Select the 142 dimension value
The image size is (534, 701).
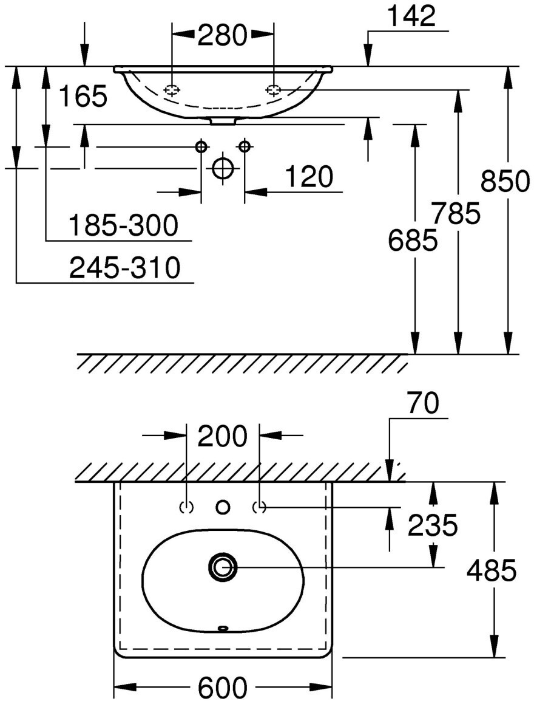click(x=413, y=16)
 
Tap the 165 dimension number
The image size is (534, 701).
click(x=83, y=96)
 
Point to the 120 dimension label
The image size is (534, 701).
click(x=309, y=177)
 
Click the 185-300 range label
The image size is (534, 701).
click(x=123, y=225)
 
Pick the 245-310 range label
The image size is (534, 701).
click(x=125, y=268)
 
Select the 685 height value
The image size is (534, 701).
click(x=413, y=241)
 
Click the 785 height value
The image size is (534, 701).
click(x=456, y=213)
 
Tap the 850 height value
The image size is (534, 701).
click(x=505, y=181)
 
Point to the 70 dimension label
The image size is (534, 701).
click(x=423, y=403)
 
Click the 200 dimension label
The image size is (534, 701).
click(x=223, y=436)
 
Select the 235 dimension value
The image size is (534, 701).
click(x=432, y=526)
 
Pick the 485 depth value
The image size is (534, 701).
click(x=492, y=570)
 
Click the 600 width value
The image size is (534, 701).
click(x=223, y=688)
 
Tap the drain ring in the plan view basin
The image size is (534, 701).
click(x=223, y=567)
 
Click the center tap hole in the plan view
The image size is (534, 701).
click(x=223, y=506)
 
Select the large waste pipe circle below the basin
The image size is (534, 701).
click(x=223, y=168)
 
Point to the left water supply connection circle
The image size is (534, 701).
click(x=201, y=146)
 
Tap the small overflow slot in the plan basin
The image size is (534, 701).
click(x=223, y=628)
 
